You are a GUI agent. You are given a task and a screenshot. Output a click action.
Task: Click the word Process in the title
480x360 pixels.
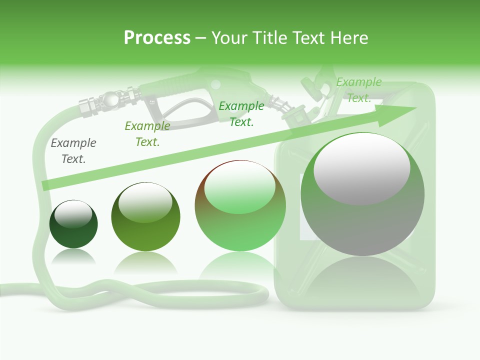click(157, 38)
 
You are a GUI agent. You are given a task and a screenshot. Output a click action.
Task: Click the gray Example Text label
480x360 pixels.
click(73, 151)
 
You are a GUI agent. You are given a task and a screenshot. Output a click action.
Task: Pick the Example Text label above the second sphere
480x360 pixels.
click(147, 134)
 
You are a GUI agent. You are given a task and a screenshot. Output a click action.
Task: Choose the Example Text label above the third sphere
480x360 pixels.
click(241, 113)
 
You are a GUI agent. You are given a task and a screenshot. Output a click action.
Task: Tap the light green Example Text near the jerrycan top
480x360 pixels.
click(358, 90)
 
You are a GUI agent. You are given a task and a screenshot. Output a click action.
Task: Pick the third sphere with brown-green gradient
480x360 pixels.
click(240, 206)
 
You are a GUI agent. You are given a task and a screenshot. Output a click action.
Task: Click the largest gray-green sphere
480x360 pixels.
click(362, 195)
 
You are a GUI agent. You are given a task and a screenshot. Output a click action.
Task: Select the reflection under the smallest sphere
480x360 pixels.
click(73, 257)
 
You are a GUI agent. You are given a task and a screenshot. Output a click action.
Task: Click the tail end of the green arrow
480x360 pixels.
click(46, 185)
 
